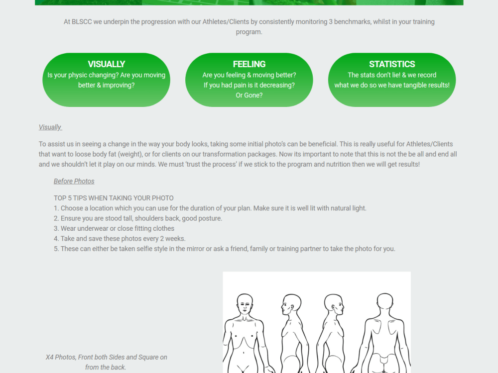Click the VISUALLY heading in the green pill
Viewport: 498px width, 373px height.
coord(107,64)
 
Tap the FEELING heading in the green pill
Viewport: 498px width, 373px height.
coord(249,64)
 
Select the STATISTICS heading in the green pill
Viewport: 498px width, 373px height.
coord(392,64)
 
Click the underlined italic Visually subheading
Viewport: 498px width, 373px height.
coord(50,127)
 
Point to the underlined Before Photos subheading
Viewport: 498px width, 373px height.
coord(74,181)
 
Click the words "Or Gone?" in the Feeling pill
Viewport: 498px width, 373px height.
coord(249,95)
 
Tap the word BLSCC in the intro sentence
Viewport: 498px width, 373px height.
coord(82,22)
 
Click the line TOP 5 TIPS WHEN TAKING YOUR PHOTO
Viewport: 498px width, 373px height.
coord(114,198)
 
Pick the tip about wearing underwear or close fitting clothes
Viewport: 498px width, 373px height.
coord(114,229)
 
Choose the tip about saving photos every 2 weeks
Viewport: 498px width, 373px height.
coord(120,239)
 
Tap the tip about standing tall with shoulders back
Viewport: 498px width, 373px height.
coord(138,218)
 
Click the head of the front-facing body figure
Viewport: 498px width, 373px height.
coord(245,304)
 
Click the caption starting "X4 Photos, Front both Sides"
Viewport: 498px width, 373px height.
coord(107,362)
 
